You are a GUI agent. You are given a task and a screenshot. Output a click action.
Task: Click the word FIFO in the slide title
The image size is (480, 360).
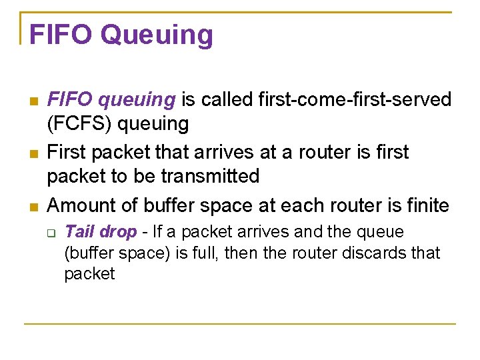click(61, 35)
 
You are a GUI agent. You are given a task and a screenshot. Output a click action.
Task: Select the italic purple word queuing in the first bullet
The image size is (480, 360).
click(136, 100)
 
